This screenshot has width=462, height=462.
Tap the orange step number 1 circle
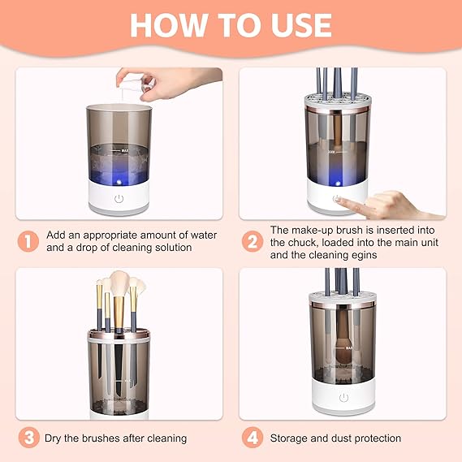point(28,241)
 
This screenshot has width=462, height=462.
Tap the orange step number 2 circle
point(253,241)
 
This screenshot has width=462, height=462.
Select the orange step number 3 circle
point(28,438)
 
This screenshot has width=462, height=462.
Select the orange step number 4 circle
point(253,438)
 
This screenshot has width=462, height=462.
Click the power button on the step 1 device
point(119,198)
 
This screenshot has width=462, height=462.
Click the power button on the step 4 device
point(343,398)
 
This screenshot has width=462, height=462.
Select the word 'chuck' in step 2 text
point(304,243)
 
